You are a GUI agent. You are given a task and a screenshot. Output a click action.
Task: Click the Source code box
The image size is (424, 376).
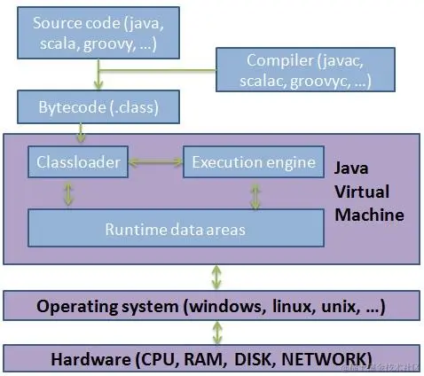tap(98, 33)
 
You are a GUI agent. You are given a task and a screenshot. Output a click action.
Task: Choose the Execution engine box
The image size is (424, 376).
tap(254, 162)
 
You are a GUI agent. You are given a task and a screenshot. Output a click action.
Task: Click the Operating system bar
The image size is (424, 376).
tap(212, 306)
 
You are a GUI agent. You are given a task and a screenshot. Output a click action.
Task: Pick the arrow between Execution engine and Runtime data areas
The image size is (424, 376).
tap(255, 195)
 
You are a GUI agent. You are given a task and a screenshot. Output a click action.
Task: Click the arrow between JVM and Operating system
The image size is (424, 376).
tap(214, 277)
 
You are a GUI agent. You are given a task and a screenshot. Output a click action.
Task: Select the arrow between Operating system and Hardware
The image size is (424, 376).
tap(214, 333)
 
